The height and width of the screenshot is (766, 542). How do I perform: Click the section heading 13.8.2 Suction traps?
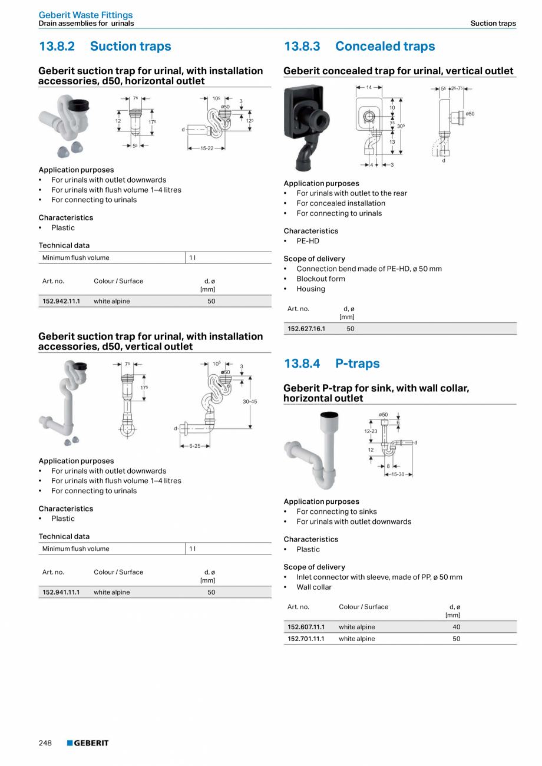coord(105,47)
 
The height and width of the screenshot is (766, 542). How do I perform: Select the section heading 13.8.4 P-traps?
coord(332,364)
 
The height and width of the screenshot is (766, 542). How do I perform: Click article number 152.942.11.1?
coord(61,301)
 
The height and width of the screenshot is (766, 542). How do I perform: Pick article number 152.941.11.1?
coord(61,592)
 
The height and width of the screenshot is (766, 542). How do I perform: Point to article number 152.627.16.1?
coord(306,329)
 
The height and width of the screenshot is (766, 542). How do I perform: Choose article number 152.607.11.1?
coord(306,627)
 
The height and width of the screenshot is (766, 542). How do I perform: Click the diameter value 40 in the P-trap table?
coord(457,627)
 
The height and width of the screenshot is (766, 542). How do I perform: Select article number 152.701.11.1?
coord(306,639)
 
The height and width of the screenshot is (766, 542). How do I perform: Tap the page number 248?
coord(45,743)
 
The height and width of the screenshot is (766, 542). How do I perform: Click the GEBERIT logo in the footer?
coord(88,743)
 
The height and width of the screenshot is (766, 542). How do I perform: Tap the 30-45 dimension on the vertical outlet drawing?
coord(250,401)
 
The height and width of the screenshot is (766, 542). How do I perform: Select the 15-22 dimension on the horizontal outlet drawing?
coord(207,148)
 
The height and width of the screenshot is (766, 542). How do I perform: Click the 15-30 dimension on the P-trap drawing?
coord(398,474)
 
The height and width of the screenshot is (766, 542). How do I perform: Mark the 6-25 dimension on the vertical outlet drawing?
coord(194,446)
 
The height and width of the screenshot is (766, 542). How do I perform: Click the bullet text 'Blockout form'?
coord(320,279)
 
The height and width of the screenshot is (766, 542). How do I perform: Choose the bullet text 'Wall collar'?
coord(314,587)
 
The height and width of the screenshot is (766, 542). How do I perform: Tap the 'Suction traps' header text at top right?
coord(493,24)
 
